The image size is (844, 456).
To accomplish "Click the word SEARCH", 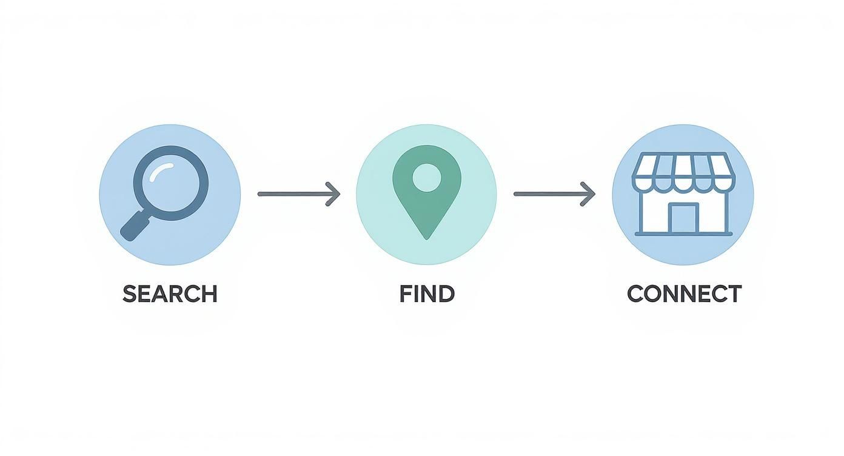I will [x=170, y=294].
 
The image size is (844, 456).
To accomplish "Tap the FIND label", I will [x=427, y=294].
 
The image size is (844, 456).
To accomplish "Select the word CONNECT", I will [x=684, y=294].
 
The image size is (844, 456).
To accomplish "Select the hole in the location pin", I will [x=427, y=176].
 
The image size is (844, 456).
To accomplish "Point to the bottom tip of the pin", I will [x=427, y=237].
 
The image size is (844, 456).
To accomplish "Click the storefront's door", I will [x=683, y=218].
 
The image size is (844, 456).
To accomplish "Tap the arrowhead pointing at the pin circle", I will [x=334, y=194].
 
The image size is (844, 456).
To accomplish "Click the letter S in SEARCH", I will [x=129, y=294].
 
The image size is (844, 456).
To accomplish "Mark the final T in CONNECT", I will [x=734, y=294].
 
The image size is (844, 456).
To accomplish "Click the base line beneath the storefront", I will [x=683, y=234].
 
